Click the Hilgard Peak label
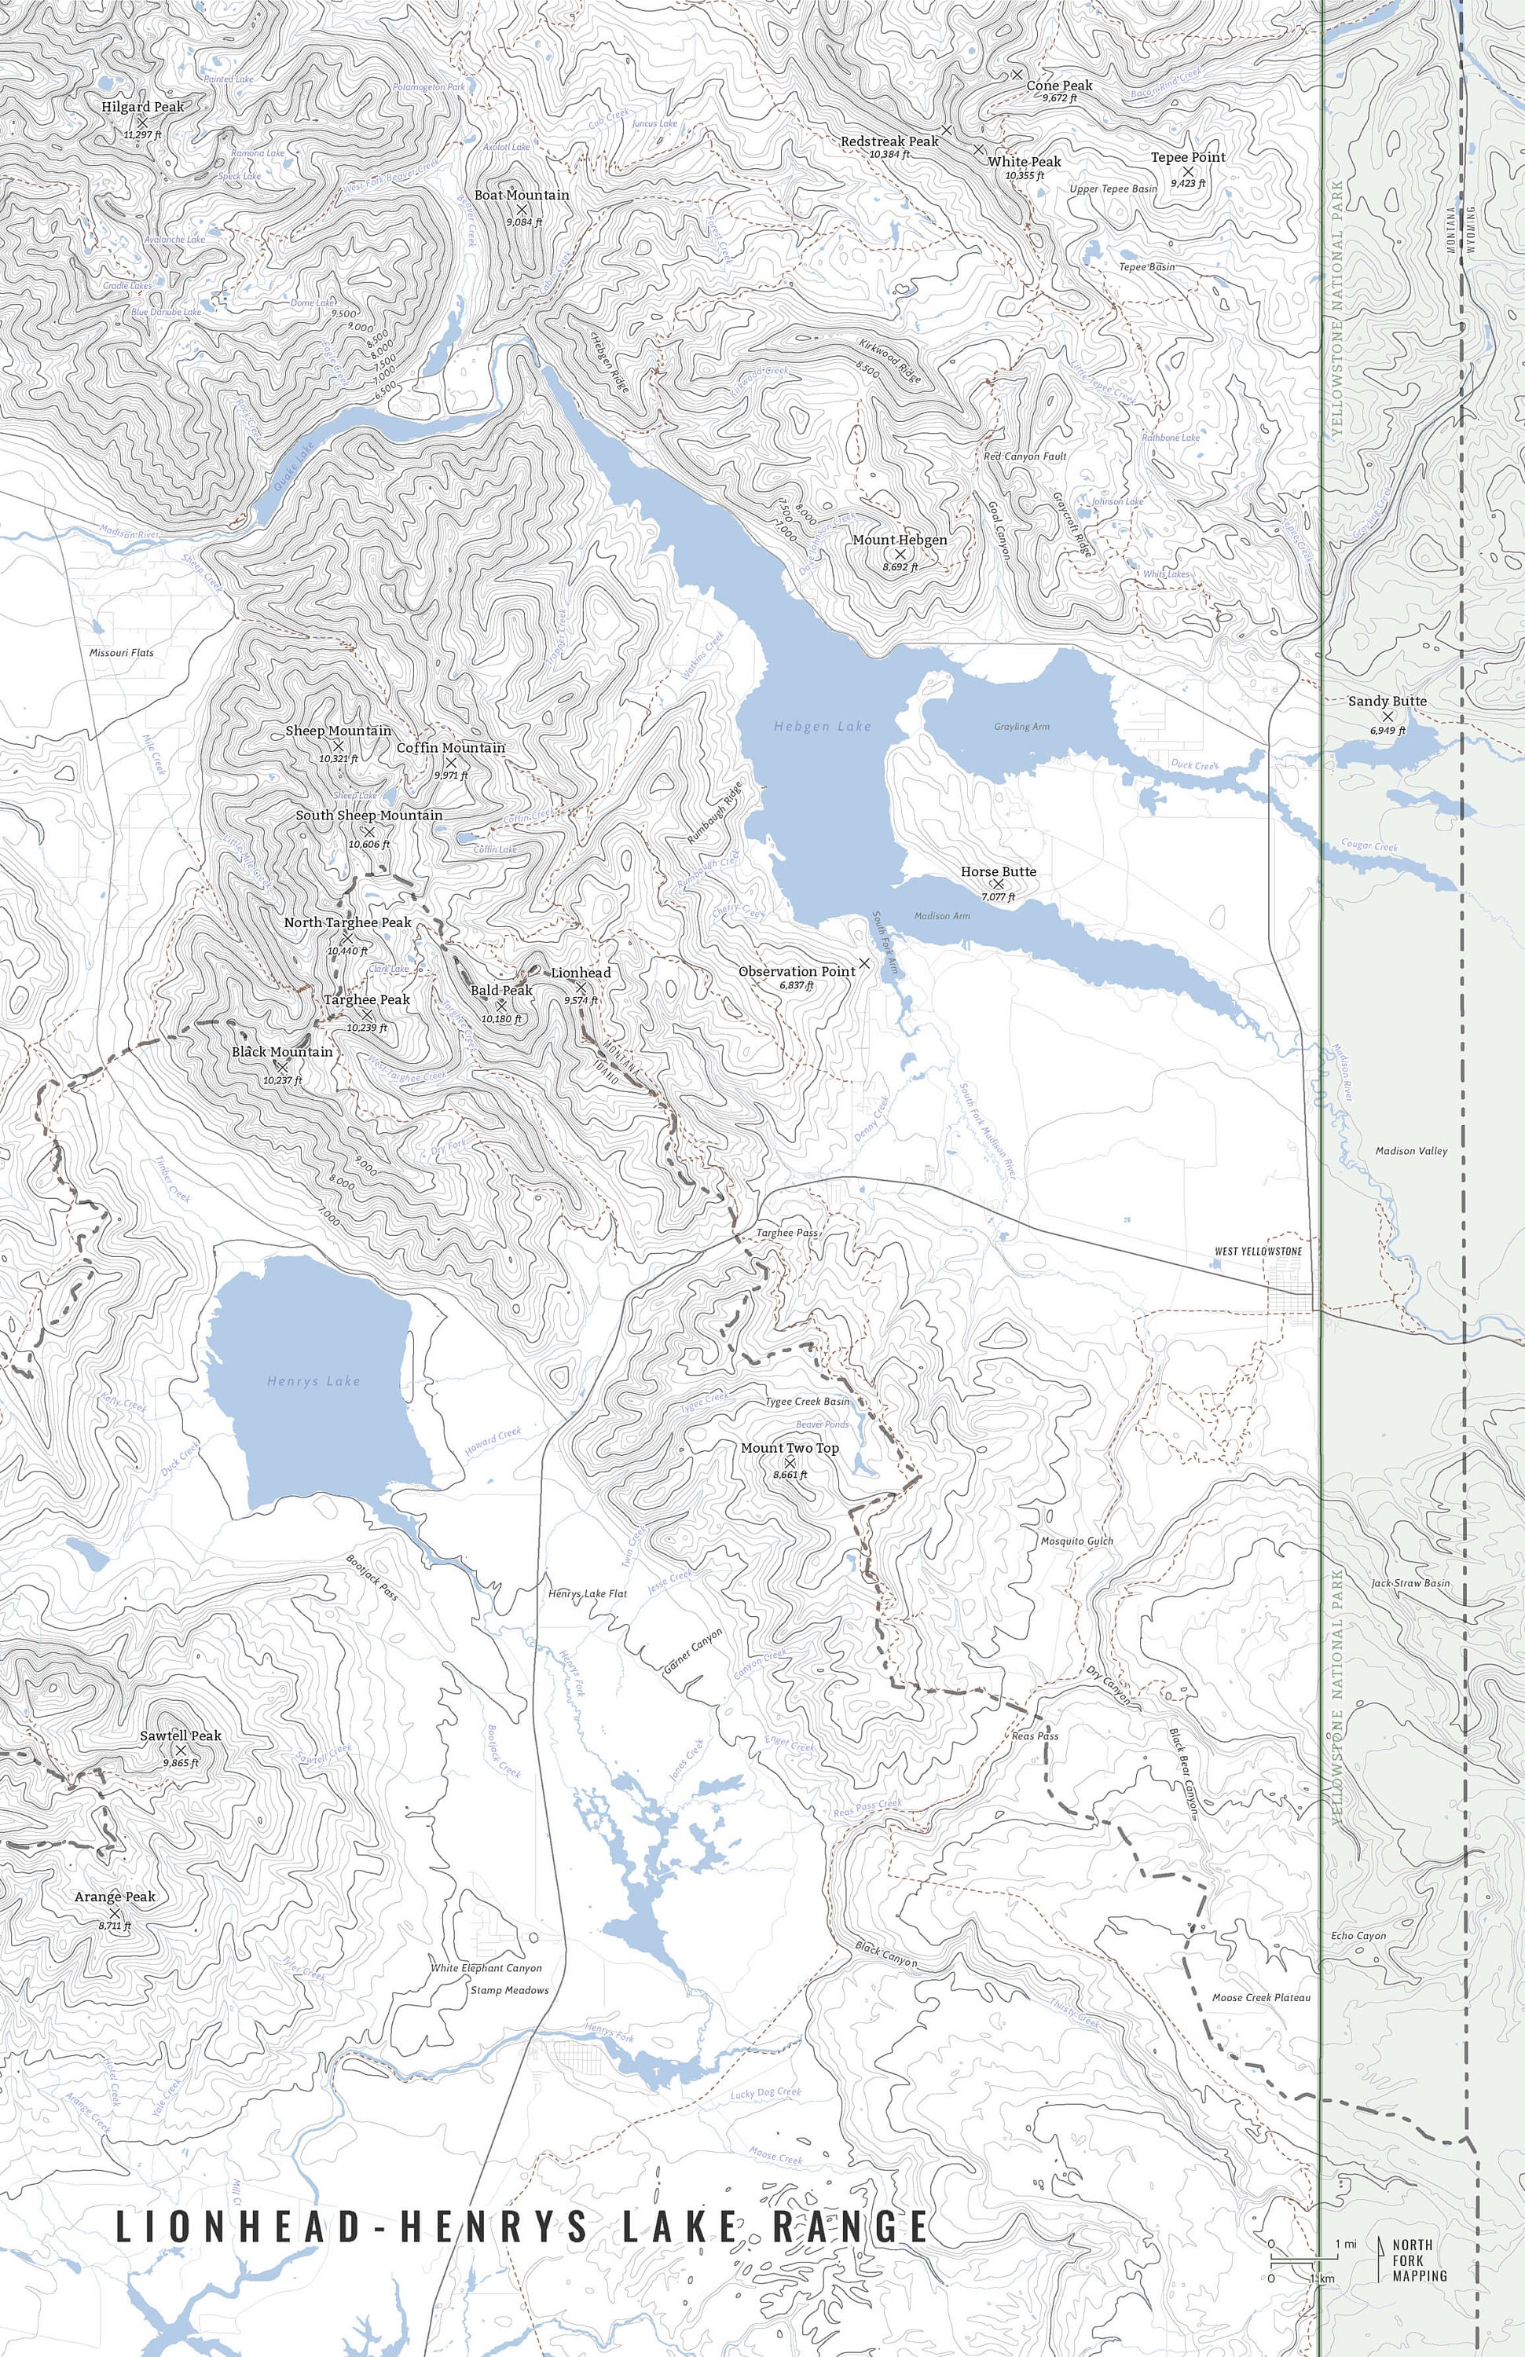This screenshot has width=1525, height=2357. pyautogui.click(x=142, y=106)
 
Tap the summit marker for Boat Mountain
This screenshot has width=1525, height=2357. pyautogui.click(x=522, y=209)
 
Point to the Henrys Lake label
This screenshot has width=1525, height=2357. pyautogui.click(x=313, y=1380)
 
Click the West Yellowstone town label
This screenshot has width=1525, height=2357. pyautogui.click(x=1258, y=1251)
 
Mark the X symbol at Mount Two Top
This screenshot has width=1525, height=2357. pyautogui.click(x=790, y=1462)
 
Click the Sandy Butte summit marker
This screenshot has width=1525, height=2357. pyautogui.click(x=1388, y=715)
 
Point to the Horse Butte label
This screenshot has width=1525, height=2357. pyautogui.click(x=998, y=871)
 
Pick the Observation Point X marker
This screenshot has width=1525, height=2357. pyautogui.click(x=863, y=962)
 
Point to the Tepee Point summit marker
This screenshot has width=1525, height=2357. pyautogui.click(x=1188, y=171)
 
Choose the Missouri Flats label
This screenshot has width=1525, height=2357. pyautogui.click(x=121, y=653)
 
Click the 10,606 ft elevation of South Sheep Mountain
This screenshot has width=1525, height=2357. pyautogui.click(x=368, y=845)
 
